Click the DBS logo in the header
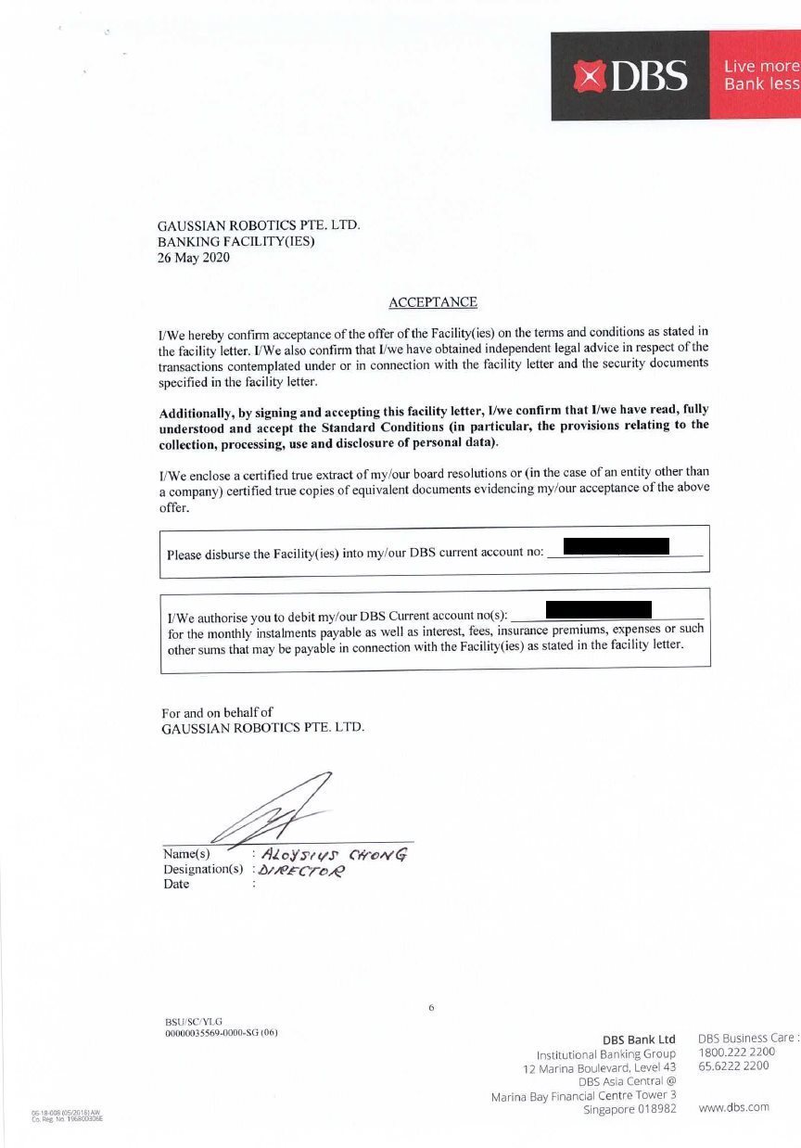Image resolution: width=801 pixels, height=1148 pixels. (x=630, y=75)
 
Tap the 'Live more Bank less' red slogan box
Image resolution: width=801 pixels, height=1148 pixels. (x=759, y=75)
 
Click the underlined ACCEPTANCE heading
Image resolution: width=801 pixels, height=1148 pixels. (x=433, y=302)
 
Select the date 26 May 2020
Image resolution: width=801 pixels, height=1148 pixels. (x=194, y=258)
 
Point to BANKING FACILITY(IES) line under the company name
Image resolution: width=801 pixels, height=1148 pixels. (x=236, y=242)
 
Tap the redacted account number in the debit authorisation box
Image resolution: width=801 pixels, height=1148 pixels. (x=599, y=609)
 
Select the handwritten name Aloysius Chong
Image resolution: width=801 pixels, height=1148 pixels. (x=334, y=854)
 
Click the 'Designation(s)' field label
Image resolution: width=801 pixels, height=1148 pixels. (x=203, y=870)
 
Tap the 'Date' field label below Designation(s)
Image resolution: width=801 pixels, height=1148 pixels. (x=176, y=885)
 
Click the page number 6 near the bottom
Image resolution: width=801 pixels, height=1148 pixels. (x=432, y=1007)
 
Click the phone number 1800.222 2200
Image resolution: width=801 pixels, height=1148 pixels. (x=737, y=1052)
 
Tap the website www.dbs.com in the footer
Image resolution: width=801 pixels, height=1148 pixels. (x=733, y=1107)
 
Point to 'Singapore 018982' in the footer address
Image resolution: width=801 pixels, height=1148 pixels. (x=629, y=1109)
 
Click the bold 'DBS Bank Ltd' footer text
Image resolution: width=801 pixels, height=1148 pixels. (x=639, y=1040)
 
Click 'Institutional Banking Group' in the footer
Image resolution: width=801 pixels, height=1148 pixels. (x=606, y=1055)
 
